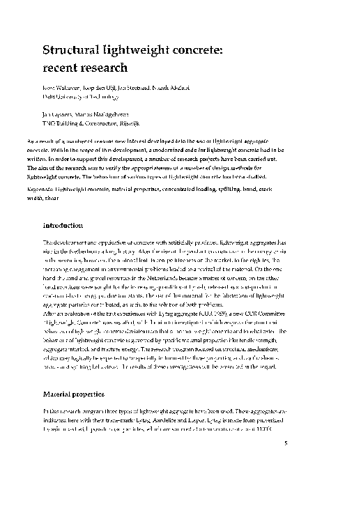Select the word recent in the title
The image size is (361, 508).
62,68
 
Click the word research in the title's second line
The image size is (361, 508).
107,68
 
